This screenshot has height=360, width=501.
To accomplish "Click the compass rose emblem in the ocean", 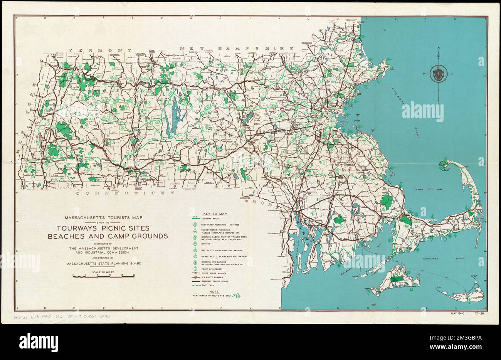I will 439,74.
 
